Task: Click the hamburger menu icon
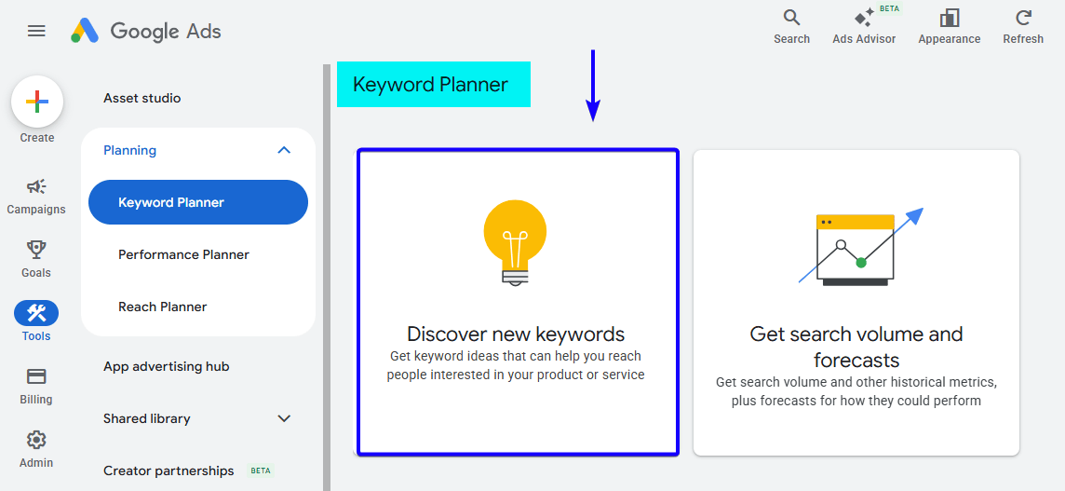(x=36, y=31)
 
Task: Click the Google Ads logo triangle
(x=85, y=31)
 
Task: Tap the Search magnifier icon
(x=791, y=18)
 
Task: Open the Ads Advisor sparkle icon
(x=864, y=18)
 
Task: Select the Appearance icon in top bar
(x=950, y=18)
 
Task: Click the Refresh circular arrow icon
(x=1023, y=18)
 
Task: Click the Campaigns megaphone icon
(x=36, y=187)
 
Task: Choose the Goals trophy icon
(x=36, y=250)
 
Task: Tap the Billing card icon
(x=36, y=376)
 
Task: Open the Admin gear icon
(x=36, y=440)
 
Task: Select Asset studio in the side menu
(x=142, y=98)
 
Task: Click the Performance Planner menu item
(x=183, y=254)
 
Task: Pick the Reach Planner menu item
(x=163, y=307)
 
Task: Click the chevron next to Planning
(x=285, y=150)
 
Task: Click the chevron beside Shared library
(x=285, y=418)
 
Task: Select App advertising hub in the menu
(x=167, y=366)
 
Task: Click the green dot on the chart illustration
(x=861, y=263)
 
